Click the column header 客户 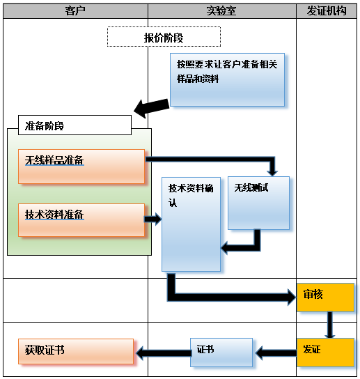[75, 10]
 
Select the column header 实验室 [221, 10]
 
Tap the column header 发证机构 [327, 10]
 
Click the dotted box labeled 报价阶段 [164, 37]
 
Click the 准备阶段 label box [69, 125]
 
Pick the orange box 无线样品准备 [81, 166]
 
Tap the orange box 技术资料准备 [81, 219]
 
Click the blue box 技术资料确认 [191, 223]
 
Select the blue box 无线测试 [258, 202]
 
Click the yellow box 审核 [325, 297]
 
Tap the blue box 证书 [221, 352]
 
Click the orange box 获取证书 [76, 351]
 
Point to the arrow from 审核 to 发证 [330, 324]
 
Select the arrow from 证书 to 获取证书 [162, 353]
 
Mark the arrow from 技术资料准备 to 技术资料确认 [153, 220]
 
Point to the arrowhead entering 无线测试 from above [272, 171]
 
